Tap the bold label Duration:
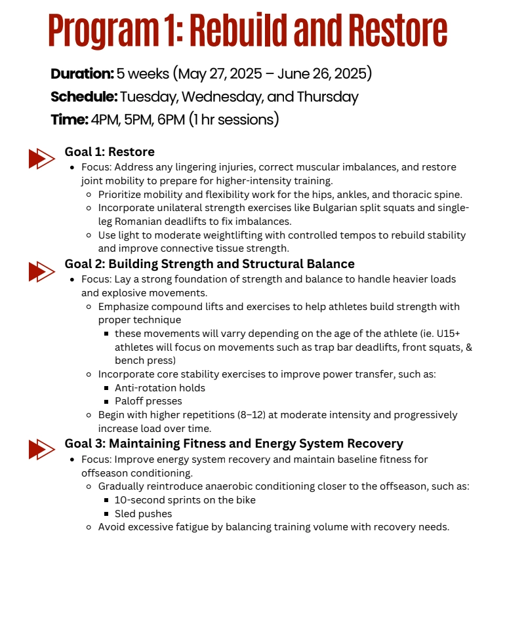click(82, 74)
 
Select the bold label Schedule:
click(84, 97)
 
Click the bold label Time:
click(69, 120)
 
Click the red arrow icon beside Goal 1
click(41, 159)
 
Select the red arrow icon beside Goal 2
click(41, 271)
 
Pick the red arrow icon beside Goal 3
click(41, 449)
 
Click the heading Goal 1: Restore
click(110, 152)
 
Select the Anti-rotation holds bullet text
click(160, 387)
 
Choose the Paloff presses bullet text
click(148, 401)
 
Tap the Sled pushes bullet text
click(143, 514)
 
